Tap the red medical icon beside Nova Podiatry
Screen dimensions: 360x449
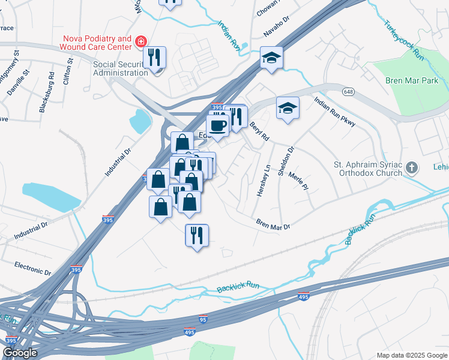140,41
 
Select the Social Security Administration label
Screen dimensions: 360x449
120,68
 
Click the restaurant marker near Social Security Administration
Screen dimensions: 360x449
155,58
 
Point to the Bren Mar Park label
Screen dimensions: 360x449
412,80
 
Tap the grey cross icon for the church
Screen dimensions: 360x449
411,167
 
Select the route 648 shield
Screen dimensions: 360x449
348,91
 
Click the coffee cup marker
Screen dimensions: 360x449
217,126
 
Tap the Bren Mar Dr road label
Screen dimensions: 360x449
273,226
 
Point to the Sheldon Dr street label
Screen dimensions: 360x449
285,161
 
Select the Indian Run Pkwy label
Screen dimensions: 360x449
335,112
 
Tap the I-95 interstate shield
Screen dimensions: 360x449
203,319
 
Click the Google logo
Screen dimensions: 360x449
19,353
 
